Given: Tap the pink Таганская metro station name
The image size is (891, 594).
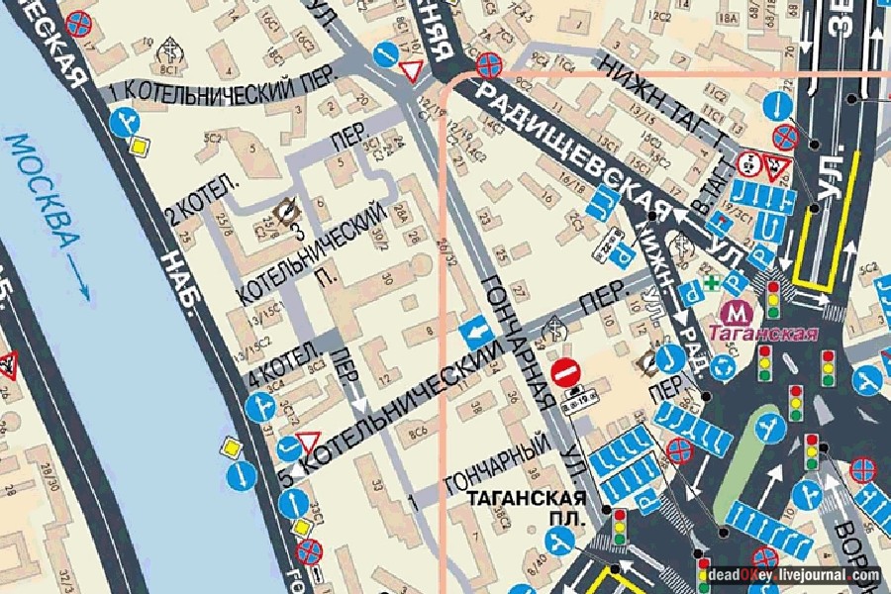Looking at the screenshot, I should pyautogui.click(x=768, y=334).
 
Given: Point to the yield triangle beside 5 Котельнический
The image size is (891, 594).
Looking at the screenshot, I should pyautogui.click(x=308, y=441).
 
